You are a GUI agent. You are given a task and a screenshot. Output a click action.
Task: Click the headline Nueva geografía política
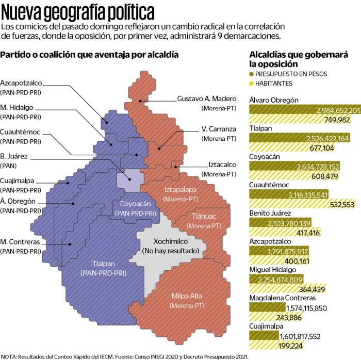point(77,11)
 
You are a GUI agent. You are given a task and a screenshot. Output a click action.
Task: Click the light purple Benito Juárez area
point(128,180)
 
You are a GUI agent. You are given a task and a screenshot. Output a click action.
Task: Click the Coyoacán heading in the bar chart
point(265,156)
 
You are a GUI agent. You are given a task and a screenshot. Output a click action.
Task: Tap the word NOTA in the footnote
point(9,356)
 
